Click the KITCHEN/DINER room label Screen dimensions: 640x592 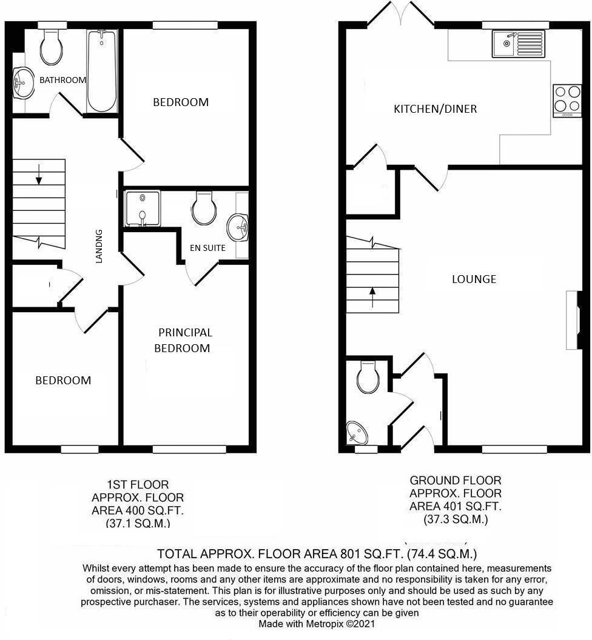pos(435,109)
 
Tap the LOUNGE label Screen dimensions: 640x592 pos(474,279)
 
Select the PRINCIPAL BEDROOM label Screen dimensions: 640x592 pos(185,340)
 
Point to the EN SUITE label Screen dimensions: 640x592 pos(207,248)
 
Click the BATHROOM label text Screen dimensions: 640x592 pos(62,80)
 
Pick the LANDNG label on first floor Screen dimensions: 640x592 pos(99,245)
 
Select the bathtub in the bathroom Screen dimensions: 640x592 pos(101,71)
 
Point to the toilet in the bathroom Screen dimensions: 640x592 pos(51,48)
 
